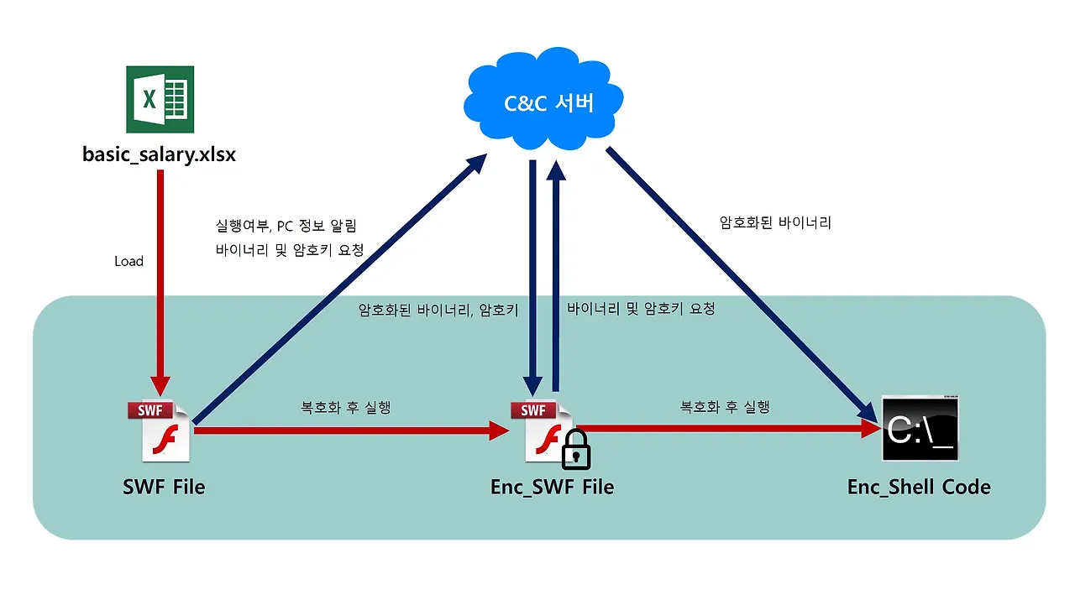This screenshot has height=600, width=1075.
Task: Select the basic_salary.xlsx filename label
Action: coord(159,154)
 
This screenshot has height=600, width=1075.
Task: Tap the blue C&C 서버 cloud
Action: coord(548,100)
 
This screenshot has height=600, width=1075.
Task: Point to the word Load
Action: coord(128,261)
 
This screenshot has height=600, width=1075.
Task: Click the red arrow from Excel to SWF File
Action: coord(158,277)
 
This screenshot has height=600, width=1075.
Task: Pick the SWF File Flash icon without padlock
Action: coord(160,430)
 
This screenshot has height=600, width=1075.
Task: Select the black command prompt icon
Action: coord(920,429)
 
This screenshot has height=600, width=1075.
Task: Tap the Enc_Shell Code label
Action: coord(919,487)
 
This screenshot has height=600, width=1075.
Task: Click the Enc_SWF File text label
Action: coord(552,487)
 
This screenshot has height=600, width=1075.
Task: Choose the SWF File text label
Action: coord(163,487)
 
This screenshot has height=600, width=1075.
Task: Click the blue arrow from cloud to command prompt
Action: coord(739,281)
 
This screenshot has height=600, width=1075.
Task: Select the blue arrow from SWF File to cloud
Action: coord(336,290)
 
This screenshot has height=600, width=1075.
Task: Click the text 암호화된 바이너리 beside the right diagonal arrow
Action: coord(775,223)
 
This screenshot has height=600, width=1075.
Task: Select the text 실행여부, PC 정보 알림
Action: coord(286,226)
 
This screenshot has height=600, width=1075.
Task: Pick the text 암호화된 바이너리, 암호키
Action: coord(438,310)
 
